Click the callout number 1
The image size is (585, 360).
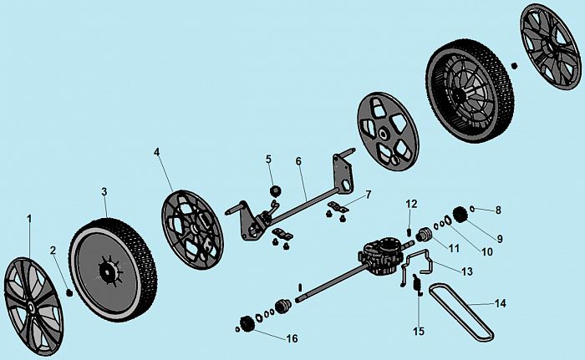[x=29, y=218]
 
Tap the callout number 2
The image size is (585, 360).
[x=52, y=250]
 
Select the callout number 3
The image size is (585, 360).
[x=104, y=191]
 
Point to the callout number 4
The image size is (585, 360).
[x=156, y=152]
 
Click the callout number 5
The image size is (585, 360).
[x=269, y=159]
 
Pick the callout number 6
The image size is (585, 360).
[x=298, y=160]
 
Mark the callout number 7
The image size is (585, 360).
[x=369, y=194]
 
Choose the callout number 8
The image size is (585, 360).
[x=498, y=210]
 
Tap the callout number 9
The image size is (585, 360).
[x=499, y=239]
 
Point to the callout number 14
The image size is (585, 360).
[x=501, y=303]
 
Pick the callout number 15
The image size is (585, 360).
[x=420, y=331]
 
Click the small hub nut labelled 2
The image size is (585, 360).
[x=70, y=292]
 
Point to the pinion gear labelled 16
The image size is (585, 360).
[x=247, y=323]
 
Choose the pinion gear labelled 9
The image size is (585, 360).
[x=459, y=213]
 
